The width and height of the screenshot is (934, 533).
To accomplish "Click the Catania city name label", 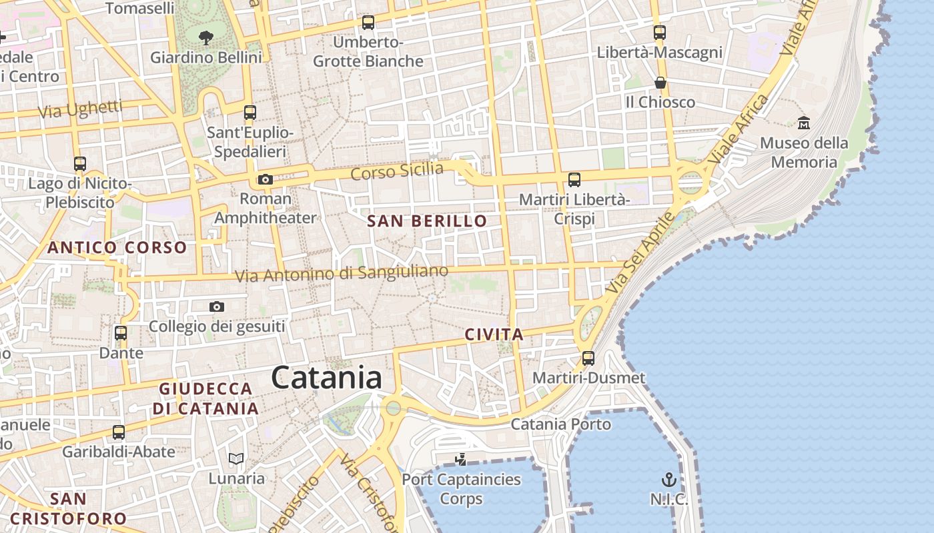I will [x=326, y=378].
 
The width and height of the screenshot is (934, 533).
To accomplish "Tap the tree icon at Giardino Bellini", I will [x=206, y=37].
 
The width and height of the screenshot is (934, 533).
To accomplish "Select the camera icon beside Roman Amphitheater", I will [x=266, y=179].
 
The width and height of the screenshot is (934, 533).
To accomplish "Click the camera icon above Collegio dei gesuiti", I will [x=216, y=306].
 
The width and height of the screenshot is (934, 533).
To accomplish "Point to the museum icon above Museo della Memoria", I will [x=804, y=123].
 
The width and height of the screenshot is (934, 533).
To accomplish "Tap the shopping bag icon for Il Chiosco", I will [x=660, y=83].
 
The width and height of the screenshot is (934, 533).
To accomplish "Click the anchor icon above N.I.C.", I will [x=668, y=480].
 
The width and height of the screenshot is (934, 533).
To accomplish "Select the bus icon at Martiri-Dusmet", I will [x=588, y=358].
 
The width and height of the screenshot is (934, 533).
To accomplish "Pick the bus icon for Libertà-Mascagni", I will [x=660, y=32].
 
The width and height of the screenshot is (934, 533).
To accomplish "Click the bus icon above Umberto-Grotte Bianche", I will [x=368, y=23].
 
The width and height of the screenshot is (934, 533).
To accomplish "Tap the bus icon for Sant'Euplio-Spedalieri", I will [x=250, y=112].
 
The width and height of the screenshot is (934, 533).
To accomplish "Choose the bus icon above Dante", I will [x=121, y=332].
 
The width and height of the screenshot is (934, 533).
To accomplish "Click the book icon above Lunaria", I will [x=236, y=458].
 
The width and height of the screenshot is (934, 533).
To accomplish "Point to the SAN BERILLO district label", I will [x=427, y=221].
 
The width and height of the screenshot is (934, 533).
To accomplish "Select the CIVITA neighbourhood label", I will [x=494, y=334].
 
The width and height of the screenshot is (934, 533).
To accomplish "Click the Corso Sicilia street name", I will [x=397, y=171].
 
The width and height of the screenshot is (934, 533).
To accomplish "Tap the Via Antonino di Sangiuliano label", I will [x=342, y=273].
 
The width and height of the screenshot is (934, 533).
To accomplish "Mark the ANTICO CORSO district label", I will [x=117, y=248].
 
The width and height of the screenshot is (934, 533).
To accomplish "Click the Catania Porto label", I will [x=560, y=424].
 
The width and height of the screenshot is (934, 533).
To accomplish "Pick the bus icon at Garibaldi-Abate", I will [x=119, y=432].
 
